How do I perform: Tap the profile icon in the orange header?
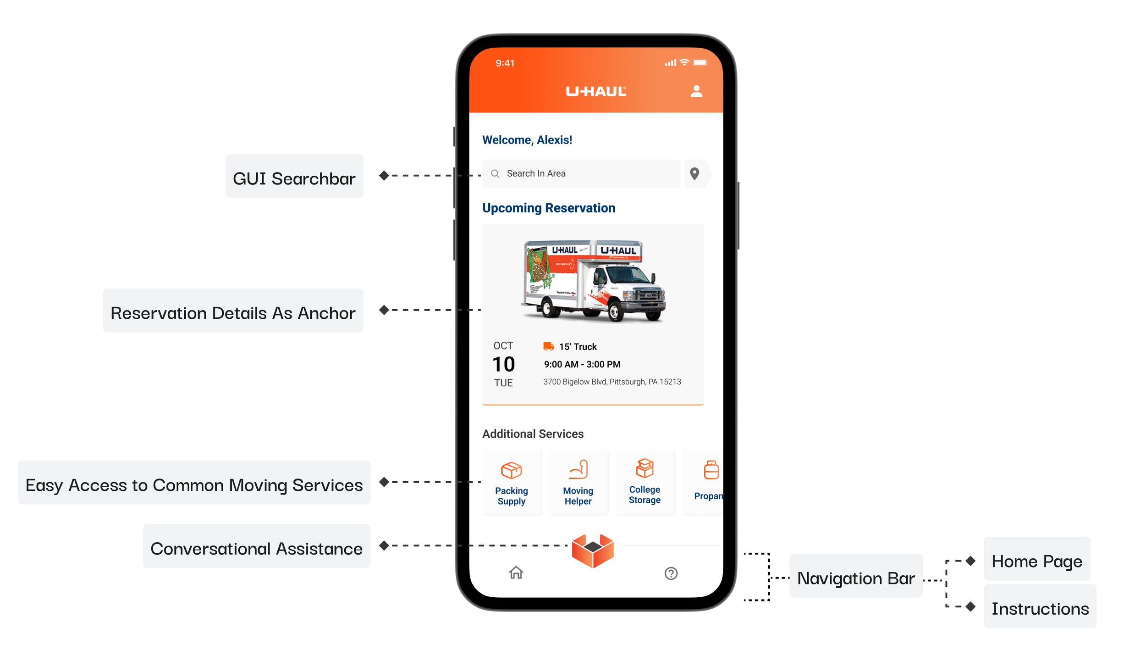click(x=696, y=91)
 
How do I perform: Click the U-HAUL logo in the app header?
click(x=596, y=91)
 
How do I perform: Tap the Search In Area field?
click(x=581, y=173)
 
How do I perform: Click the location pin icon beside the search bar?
click(x=694, y=173)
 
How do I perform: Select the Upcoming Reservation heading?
click(x=548, y=208)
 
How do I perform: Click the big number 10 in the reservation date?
click(x=503, y=364)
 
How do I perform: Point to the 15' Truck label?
click(x=578, y=347)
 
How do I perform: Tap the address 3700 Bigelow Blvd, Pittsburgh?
click(x=612, y=382)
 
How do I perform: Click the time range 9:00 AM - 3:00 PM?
click(x=582, y=364)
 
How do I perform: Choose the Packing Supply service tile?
click(x=512, y=482)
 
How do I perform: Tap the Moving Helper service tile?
click(x=578, y=482)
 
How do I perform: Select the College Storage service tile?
click(x=645, y=482)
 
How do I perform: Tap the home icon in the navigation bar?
click(x=516, y=573)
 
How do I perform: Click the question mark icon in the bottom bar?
click(x=671, y=573)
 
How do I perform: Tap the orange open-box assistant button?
click(x=593, y=550)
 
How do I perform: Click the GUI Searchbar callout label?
click(x=294, y=178)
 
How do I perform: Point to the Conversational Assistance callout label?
click(x=257, y=548)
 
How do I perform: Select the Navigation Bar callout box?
click(x=856, y=578)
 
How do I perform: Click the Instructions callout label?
click(x=1040, y=608)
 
